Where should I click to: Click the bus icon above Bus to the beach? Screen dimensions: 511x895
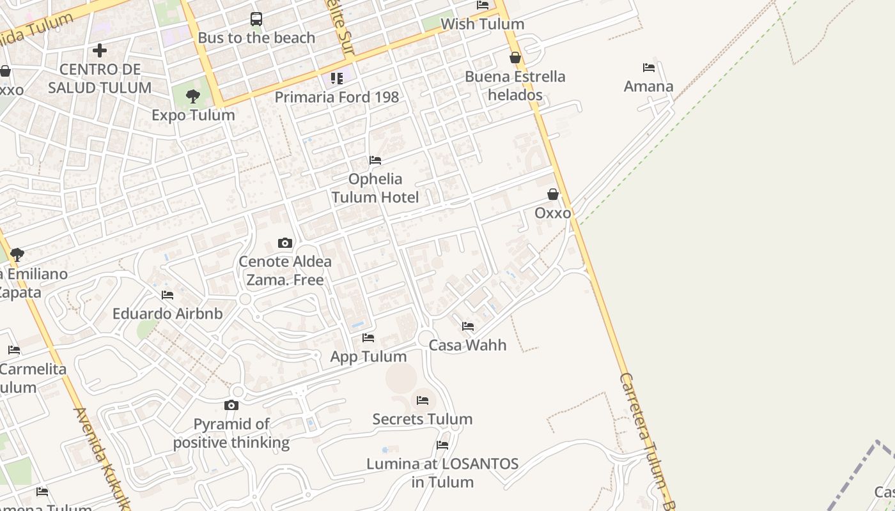[256, 19]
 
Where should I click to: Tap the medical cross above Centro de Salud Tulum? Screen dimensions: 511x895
[100, 50]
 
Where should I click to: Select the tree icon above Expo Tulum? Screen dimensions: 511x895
[192, 96]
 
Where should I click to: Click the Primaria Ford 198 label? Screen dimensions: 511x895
[337, 97]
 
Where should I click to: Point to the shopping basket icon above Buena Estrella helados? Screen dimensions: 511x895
[515, 57]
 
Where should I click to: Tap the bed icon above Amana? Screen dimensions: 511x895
[649, 68]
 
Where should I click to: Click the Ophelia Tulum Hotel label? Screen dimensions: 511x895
[375, 188]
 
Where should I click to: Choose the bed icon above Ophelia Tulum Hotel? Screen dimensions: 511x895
[375, 160]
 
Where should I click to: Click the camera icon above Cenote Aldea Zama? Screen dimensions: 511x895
[285, 243]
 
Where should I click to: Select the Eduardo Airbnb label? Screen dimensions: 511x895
[167, 314]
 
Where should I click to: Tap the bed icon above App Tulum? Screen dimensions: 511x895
[368, 337]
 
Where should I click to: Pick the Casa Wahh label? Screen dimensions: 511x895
[467, 345]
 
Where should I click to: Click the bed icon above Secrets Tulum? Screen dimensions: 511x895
[423, 400]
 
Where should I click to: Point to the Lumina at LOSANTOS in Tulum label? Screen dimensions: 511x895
[442, 473]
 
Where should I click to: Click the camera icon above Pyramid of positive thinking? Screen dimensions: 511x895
[231, 405]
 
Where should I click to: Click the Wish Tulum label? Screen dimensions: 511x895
[483, 24]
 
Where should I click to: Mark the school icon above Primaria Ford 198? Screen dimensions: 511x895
[337, 79]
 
